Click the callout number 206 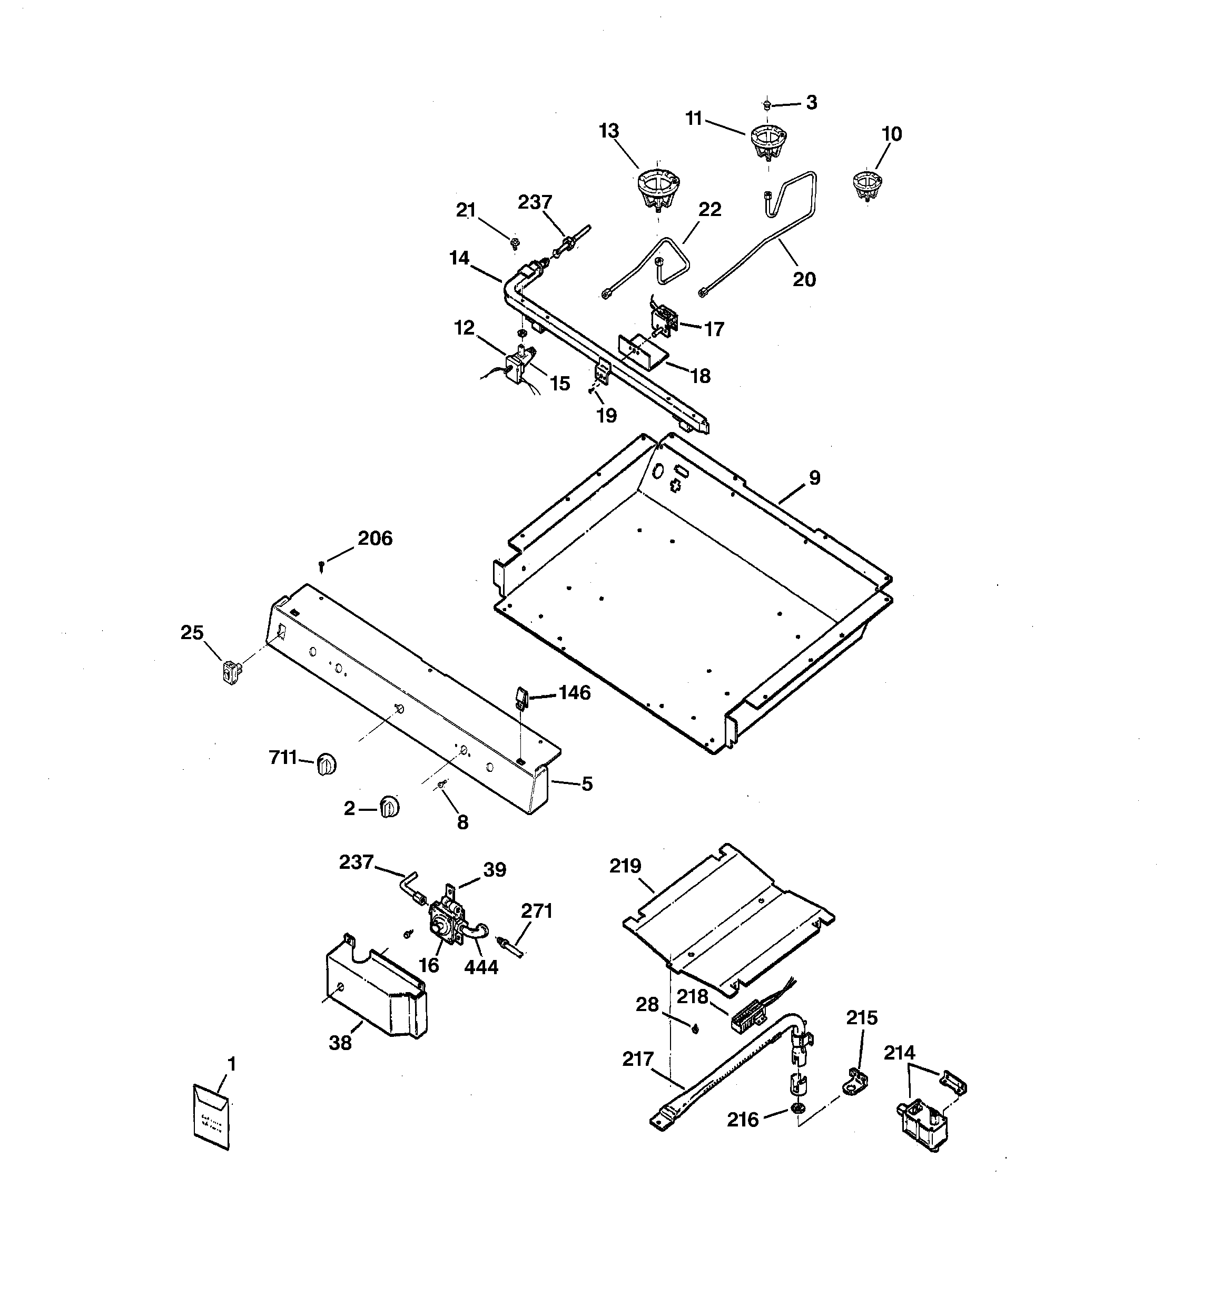(375, 538)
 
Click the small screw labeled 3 (766, 104)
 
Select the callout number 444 (481, 967)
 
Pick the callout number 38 (340, 1042)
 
